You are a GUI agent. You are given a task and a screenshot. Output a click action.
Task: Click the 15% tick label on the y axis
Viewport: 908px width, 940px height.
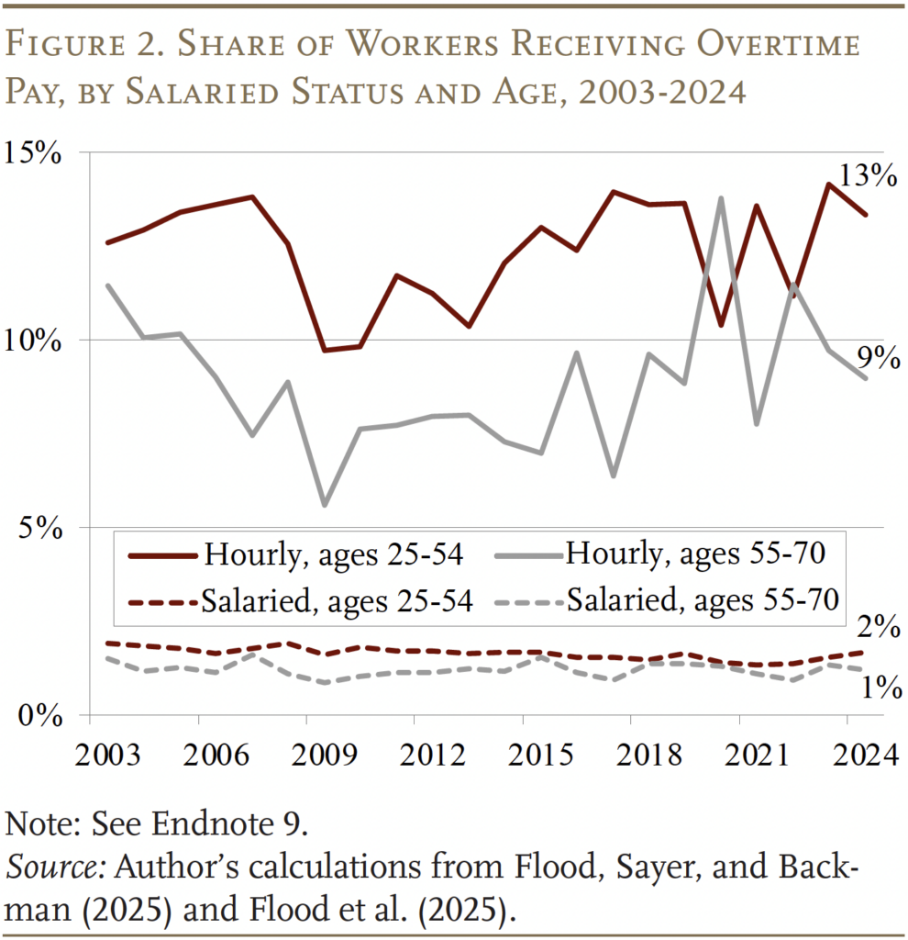tap(35, 152)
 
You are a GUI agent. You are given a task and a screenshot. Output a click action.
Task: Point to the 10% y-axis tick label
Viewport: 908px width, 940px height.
tap(35, 341)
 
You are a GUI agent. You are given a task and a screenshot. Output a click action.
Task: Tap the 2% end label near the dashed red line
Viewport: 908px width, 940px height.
tap(875, 629)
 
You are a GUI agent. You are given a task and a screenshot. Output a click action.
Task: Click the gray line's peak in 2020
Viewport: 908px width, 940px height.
tap(721, 198)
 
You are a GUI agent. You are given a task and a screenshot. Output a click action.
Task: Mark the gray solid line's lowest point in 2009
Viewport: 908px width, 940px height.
tap(325, 505)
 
